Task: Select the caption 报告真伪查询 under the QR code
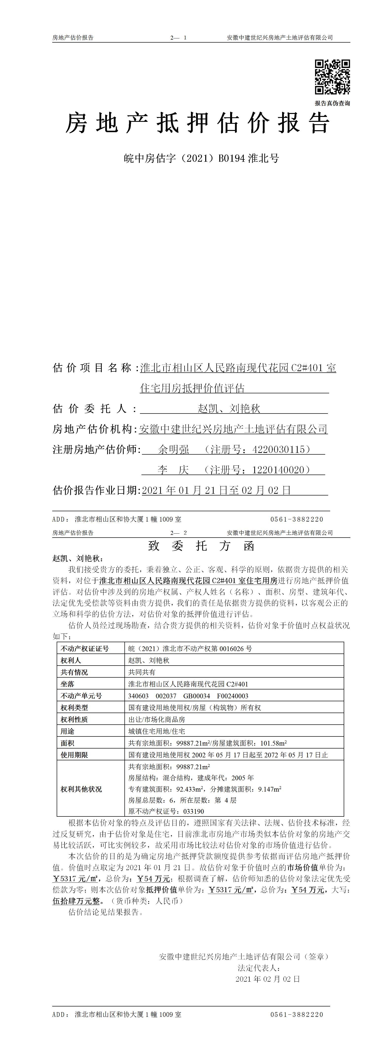click(332, 103)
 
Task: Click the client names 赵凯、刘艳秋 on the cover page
click(229, 408)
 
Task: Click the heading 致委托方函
click(201, 546)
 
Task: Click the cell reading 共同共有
click(142, 672)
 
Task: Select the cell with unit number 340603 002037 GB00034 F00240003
click(188, 696)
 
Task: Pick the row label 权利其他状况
click(81, 789)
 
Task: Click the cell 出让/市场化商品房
click(156, 719)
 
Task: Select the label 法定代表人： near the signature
click(259, 968)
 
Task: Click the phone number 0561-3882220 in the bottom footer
click(297, 1014)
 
